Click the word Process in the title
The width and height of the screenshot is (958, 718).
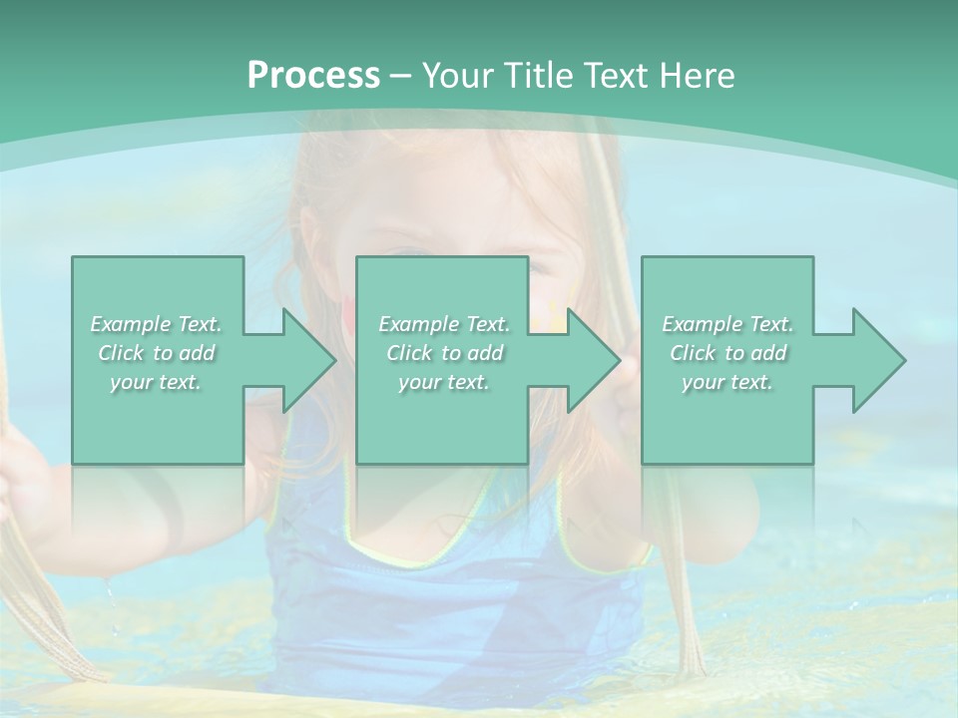(313, 76)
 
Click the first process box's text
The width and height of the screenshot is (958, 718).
(157, 353)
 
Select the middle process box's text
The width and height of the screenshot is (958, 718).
(444, 353)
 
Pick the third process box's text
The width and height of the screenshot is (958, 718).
(727, 353)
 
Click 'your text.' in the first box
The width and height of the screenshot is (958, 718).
(156, 382)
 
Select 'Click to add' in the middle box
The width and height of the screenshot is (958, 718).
(444, 353)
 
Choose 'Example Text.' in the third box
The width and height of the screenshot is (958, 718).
(727, 324)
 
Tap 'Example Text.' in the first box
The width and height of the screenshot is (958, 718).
(157, 324)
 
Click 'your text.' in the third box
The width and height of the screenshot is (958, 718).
(727, 382)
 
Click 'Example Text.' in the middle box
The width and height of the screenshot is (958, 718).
(444, 324)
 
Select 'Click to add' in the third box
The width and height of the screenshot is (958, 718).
(727, 353)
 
